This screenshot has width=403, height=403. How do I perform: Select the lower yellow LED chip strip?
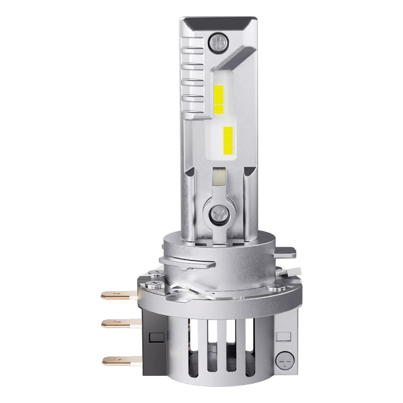point(228,139)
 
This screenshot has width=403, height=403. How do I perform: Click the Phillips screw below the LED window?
point(220,212)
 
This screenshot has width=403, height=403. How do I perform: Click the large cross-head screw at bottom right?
point(283,359)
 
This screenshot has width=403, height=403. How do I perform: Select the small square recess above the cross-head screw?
point(282,335)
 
